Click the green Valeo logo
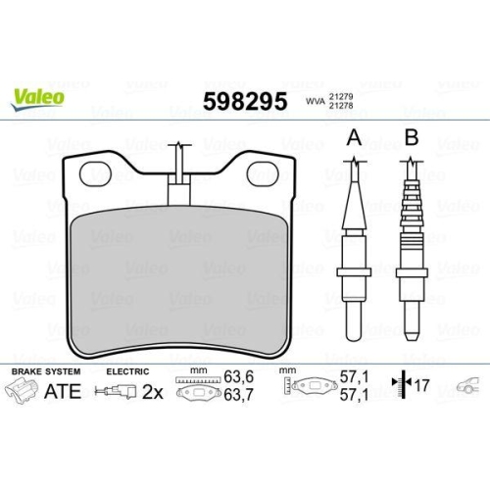pyautogui.click(x=38, y=96)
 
